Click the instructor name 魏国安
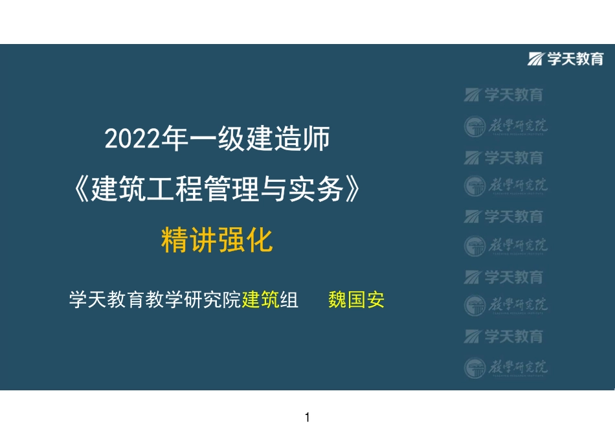[357, 300]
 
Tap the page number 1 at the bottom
[307, 418]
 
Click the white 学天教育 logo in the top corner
[566, 59]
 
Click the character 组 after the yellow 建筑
[289, 300]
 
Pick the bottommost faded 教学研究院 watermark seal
[506, 368]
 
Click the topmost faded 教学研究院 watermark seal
[506, 126]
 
